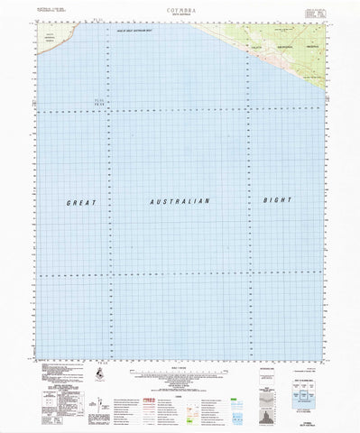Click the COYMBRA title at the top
click(x=180, y=7)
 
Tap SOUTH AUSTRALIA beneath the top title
click(x=180, y=14)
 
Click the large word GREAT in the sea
click(x=82, y=203)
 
